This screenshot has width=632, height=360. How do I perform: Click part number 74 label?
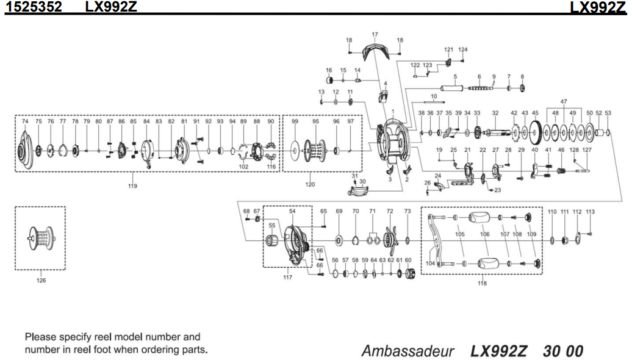(x=25, y=121)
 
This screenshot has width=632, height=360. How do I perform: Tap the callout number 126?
(x=41, y=281)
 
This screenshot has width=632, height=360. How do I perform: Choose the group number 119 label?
(x=132, y=185)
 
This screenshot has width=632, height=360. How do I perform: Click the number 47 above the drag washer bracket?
(x=564, y=101)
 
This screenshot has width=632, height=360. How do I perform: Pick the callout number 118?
(x=483, y=284)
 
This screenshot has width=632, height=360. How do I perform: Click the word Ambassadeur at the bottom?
(x=408, y=351)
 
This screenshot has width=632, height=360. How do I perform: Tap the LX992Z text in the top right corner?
(x=600, y=7)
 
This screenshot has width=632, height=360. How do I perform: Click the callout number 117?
(x=287, y=278)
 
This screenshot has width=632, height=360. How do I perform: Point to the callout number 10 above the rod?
(x=434, y=96)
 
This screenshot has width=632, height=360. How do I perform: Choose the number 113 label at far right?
(x=589, y=212)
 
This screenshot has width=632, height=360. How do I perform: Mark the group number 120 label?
(x=310, y=184)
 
